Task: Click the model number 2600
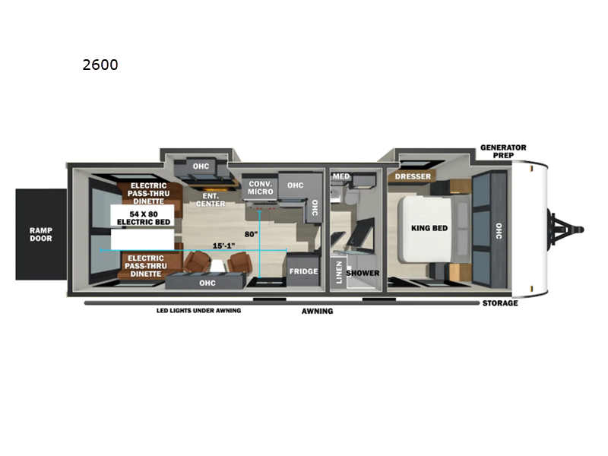tap(100, 65)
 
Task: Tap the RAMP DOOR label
tap(41, 233)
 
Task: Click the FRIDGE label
tap(302, 271)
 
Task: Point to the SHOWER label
tap(363, 273)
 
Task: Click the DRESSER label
tap(413, 177)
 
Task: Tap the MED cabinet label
tap(341, 177)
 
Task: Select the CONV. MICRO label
tap(261, 187)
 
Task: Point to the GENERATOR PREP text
tap(503, 151)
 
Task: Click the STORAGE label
tap(500, 303)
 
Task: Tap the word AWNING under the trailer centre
tap(317, 311)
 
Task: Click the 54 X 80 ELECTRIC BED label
tap(142, 217)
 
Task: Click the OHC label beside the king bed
tap(499, 230)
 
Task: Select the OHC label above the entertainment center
tap(201, 166)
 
